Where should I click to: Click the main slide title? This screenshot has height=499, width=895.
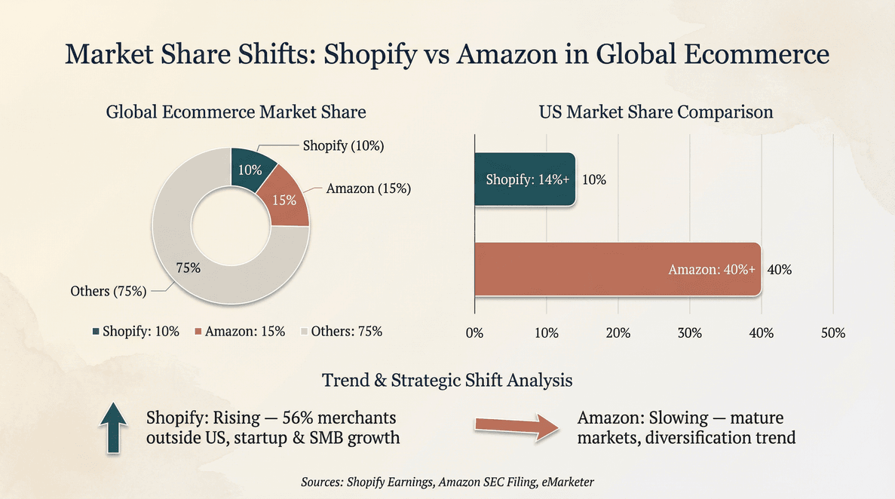447,55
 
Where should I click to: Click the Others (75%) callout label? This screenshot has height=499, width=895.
108,292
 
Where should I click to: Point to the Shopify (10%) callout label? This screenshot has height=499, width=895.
343,146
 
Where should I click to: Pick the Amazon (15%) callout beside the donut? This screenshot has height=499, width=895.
368,188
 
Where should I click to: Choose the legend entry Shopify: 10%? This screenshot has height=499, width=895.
136,331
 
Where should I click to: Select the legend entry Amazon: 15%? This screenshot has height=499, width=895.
240,331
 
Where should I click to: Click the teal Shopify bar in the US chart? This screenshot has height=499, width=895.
524,179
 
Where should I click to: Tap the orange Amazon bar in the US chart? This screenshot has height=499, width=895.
617,269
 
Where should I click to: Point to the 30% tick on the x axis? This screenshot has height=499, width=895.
689,333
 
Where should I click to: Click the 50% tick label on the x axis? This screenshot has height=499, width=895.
832,333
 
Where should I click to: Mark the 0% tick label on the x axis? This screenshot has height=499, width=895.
474,333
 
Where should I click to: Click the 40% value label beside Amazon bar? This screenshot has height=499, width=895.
779,270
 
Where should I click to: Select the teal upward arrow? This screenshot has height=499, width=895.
113,427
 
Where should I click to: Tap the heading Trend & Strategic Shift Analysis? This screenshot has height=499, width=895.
447,380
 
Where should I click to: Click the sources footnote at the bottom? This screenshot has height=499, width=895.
447,481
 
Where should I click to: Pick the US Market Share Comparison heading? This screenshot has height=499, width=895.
655,112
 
